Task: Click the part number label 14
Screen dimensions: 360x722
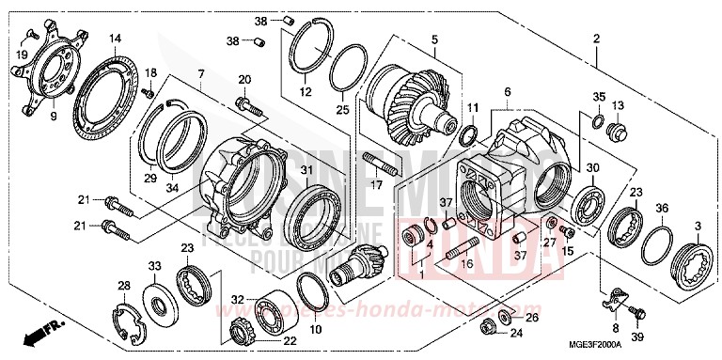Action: tap(115, 39)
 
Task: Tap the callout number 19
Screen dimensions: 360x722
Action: tap(22, 55)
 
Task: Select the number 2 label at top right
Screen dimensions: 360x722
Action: tap(596, 39)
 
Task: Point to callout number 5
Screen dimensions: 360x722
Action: tap(435, 39)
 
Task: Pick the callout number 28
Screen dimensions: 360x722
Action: tap(123, 286)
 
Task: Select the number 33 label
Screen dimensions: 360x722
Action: tap(156, 267)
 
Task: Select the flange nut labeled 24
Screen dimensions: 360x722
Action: tap(488, 326)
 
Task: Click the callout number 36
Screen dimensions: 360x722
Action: tap(662, 208)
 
